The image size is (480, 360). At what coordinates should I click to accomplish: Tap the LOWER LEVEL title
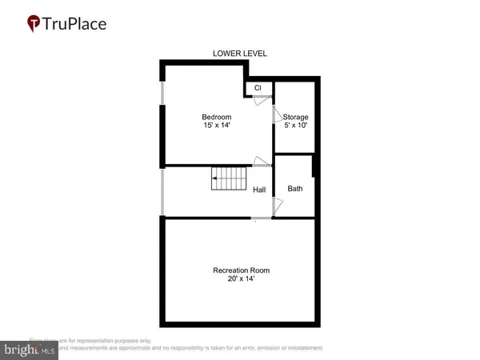pyautogui.click(x=239, y=54)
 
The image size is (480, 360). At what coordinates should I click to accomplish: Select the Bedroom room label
pyautogui.click(x=216, y=117)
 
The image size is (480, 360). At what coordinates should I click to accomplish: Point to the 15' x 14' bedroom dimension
pyautogui.click(x=216, y=126)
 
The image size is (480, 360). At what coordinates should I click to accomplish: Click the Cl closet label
pyautogui.click(x=258, y=88)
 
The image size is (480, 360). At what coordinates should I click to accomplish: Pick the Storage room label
pyautogui.click(x=295, y=117)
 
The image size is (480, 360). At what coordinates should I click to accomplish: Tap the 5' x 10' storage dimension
pyautogui.click(x=295, y=126)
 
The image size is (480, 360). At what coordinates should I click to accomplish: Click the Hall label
pyautogui.click(x=259, y=190)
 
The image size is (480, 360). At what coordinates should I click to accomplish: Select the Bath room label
pyautogui.click(x=295, y=189)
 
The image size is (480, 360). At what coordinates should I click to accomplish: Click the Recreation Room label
pyautogui.click(x=240, y=270)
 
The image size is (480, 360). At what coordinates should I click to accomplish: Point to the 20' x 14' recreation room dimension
pyautogui.click(x=240, y=279)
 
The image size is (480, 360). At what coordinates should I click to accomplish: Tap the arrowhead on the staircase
pyautogui.click(x=215, y=179)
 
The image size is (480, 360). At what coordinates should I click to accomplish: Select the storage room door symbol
pyautogui.click(x=279, y=118)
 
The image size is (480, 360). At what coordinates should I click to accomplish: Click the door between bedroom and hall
pyautogui.click(x=259, y=161)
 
